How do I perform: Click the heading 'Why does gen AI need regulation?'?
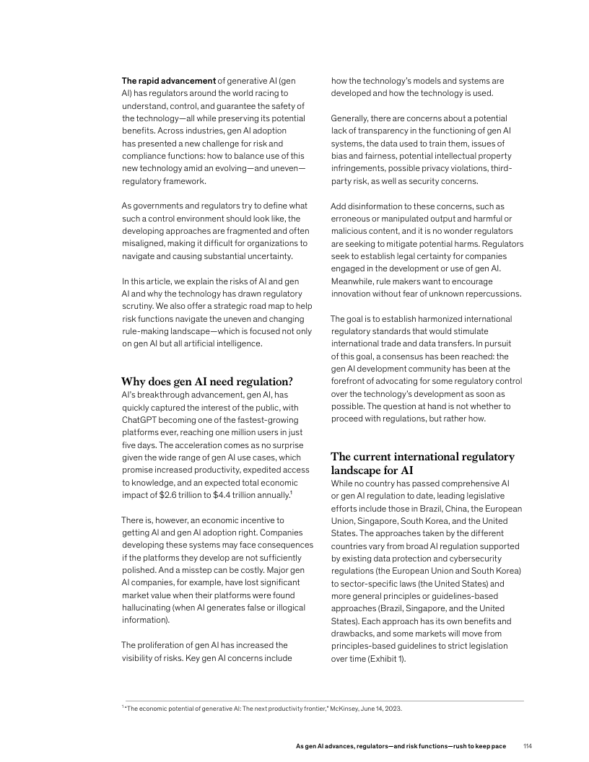pos(206,382)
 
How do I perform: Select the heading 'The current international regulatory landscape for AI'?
pos(422,463)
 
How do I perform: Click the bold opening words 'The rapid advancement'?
pos(168,80)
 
